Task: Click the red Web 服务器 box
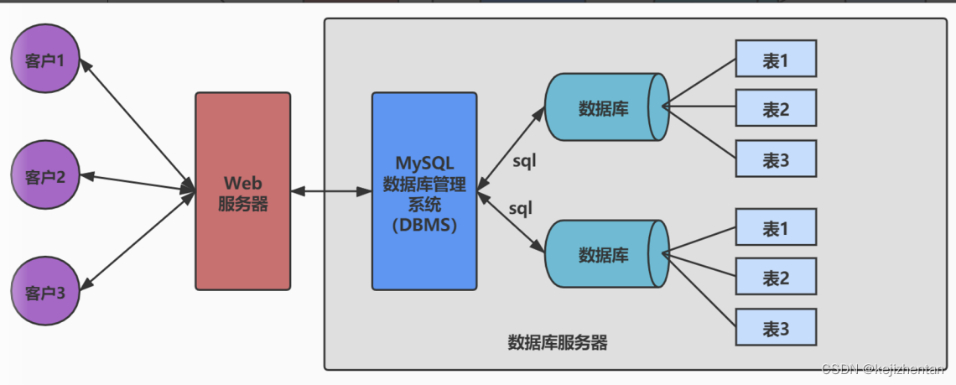pyautogui.click(x=243, y=191)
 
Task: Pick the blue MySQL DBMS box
pyautogui.click(x=424, y=190)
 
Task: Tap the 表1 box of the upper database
pyautogui.click(x=776, y=60)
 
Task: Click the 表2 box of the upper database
pyautogui.click(x=776, y=109)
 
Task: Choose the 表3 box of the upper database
pyautogui.click(x=776, y=159)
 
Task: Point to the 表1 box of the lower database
pyautogui.click(x=776, y=227)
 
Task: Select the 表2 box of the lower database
pyautogui.click(x=776, y=277)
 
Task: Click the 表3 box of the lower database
pyautogui.click(x=776, y=328)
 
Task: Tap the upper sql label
pyautogui.click(x=523, y=159)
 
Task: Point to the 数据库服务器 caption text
pyautogui.click(x=558, y=342)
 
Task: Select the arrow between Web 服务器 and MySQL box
pyautogui.click(x=331, y=191)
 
